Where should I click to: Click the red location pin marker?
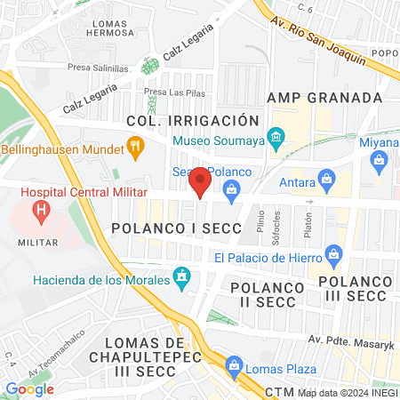tap(200, 182)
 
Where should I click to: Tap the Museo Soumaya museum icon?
tap(276, 138)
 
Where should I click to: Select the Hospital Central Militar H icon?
tap(40, 211)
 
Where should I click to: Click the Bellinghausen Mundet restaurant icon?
tap(136, 147)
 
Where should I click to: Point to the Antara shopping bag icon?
tap(327, 178)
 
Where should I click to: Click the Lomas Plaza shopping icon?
tap(235, 364)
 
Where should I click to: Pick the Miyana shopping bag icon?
tap(380, 161)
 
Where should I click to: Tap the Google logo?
tap(29, 388)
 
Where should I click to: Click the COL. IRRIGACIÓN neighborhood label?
tap(193, 120)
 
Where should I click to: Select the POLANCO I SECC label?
tap(176, 228)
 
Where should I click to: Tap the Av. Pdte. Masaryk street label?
tap(350, 339)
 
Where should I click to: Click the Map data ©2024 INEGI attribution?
tap(347, 392)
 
